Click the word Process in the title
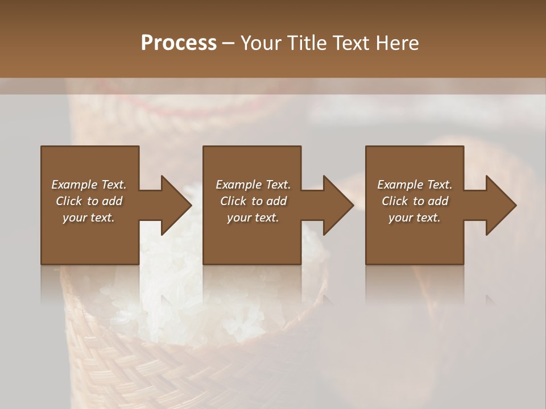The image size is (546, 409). [x=179, y=43]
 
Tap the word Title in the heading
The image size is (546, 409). [x=307, y=43]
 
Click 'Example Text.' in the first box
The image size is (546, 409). [x=89, y=185]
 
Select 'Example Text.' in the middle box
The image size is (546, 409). [x=253, y=185]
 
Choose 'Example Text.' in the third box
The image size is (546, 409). [x=415, y=185]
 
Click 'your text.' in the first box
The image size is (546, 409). [x=89, y=218]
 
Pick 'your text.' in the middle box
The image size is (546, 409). [x=253, y=218]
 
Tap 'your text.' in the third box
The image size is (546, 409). [x=415, y=218]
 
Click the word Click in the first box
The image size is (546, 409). [x=69, y=201]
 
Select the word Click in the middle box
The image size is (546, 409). [x=233, y=201]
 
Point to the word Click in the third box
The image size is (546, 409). [x=395, y=201]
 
